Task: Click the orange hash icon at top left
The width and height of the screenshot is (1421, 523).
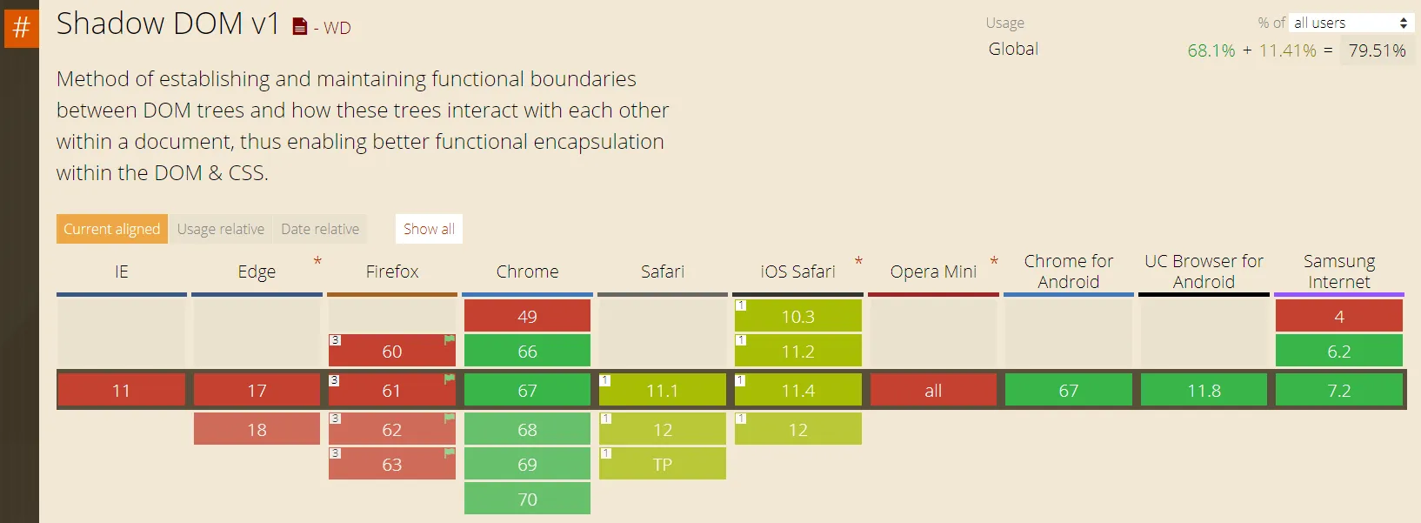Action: [x=21, y=27]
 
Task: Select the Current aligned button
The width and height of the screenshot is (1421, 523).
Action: [x=112, y=229]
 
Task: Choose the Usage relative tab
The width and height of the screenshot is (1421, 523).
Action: [x=221, y=229]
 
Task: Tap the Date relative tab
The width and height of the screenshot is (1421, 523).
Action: [x=320, y=229]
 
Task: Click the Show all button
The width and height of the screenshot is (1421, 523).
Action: [x=429, y=229]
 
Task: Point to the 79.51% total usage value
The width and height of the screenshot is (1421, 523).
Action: [x=1377, y=50]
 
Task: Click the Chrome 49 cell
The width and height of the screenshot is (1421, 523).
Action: [x=527, y=316]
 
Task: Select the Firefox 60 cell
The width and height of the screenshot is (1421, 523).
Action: [x=392, y=351]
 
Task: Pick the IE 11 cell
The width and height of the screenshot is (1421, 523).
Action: [x=121, y=391]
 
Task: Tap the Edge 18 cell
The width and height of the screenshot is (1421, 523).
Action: [x=257, y=430]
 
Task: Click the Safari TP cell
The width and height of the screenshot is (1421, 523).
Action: [x=663, y=465]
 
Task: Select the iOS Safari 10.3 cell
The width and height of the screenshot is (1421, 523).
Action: [x=797, y=316]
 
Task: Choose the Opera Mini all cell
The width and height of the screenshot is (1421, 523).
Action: [x=933, y=391]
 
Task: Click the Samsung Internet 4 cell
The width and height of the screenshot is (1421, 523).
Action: [x=1339, y=316]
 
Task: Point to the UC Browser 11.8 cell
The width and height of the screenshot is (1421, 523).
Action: [x=1204, y=391]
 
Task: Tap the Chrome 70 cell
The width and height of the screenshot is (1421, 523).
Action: [x=527, y=500]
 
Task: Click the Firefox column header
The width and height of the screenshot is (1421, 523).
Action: [x=392, y=272]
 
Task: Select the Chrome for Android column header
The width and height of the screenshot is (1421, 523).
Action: [x=1068, y=272]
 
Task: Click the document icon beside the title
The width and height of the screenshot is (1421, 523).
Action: [x=300, y=27]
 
